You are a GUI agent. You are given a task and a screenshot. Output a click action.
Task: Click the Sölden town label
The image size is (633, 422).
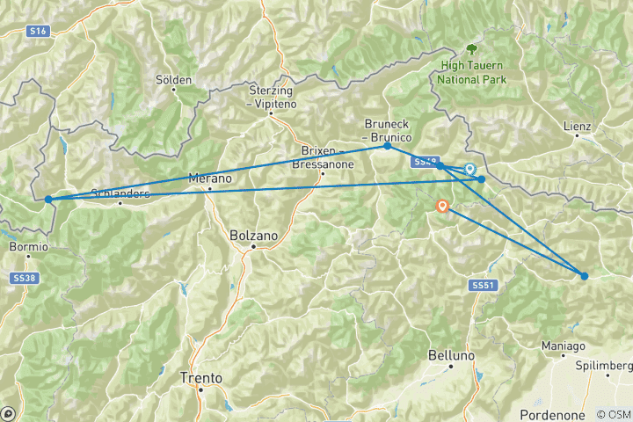(173, 80)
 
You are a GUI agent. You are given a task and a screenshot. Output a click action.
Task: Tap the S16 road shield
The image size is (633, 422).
(37, 31)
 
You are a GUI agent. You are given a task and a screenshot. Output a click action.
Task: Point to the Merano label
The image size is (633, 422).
(209, 178)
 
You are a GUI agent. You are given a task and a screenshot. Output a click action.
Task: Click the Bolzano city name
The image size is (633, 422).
(252, 236)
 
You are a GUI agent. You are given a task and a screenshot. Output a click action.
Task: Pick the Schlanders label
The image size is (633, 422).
(120, 193)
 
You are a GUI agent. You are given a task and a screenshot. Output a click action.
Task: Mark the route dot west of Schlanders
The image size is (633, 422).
(48, 200)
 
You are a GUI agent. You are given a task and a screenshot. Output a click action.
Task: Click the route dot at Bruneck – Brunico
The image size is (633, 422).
(387, 146)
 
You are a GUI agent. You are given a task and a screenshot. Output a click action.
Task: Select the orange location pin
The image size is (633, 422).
(442, 207)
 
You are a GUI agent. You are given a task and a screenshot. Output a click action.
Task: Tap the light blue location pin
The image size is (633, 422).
(469, 169)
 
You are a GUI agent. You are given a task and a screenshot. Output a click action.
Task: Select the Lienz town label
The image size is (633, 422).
(577, 127)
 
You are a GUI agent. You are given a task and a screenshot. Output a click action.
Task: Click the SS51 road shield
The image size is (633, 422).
(479, 286)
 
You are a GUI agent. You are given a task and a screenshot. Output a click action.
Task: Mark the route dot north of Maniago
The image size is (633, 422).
(584, 276)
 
